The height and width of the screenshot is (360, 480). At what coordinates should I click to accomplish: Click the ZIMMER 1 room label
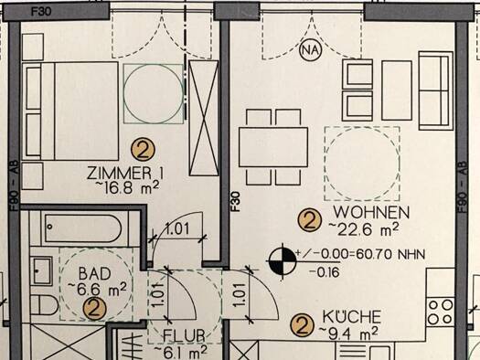pyautogui.click(x=125, y=173)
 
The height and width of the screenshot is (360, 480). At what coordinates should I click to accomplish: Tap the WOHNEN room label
pyautogui.click(x=371, y=212)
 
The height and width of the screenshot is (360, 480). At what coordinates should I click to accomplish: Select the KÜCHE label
pyautogui.click(x=352, y=317)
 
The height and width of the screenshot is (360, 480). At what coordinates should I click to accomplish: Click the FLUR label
pyautogui.click(x=184, y=336)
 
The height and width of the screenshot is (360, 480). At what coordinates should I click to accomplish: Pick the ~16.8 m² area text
pyautogui.click(x=127, y=187)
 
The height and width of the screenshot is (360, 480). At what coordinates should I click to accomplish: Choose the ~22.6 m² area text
pyautogui.click(x=364, y=229)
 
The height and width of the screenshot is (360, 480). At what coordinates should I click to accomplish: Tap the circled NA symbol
pyautogui.click(x=311, y=49)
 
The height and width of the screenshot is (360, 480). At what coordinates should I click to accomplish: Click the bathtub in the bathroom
pyautogui.click(x=83, y=228)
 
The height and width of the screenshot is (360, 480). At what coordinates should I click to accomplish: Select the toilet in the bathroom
pyautogui.click(x=45, y=305)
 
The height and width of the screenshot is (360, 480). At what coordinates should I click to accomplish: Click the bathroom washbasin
pyautogui.click(x=42, y=271)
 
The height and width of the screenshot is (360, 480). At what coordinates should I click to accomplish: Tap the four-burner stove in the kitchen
pyautogui.click(x=441, y=312)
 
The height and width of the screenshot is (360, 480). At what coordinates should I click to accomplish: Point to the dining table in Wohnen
pyautogui.click(x=273, y=147)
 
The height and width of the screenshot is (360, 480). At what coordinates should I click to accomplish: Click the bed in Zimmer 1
pyautogui.click(x=70, y=111)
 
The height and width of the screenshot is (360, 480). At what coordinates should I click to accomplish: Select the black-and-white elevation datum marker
pyautogui.click(x=283, y=262)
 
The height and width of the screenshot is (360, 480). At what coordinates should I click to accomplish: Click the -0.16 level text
pyautogui.click(x=325, y=272)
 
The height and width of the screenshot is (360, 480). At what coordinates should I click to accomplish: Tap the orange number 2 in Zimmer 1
pyautogui.click(x=143, y=150)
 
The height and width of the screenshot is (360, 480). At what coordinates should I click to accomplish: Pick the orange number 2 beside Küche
pyautogui.click(x=303, y=326)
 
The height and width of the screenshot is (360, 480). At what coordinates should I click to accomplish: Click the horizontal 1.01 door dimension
pyautogui.click(x=177, y=228)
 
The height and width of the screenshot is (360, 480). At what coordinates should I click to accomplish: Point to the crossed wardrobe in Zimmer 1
pyautogui.click(x=204, y=118)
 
